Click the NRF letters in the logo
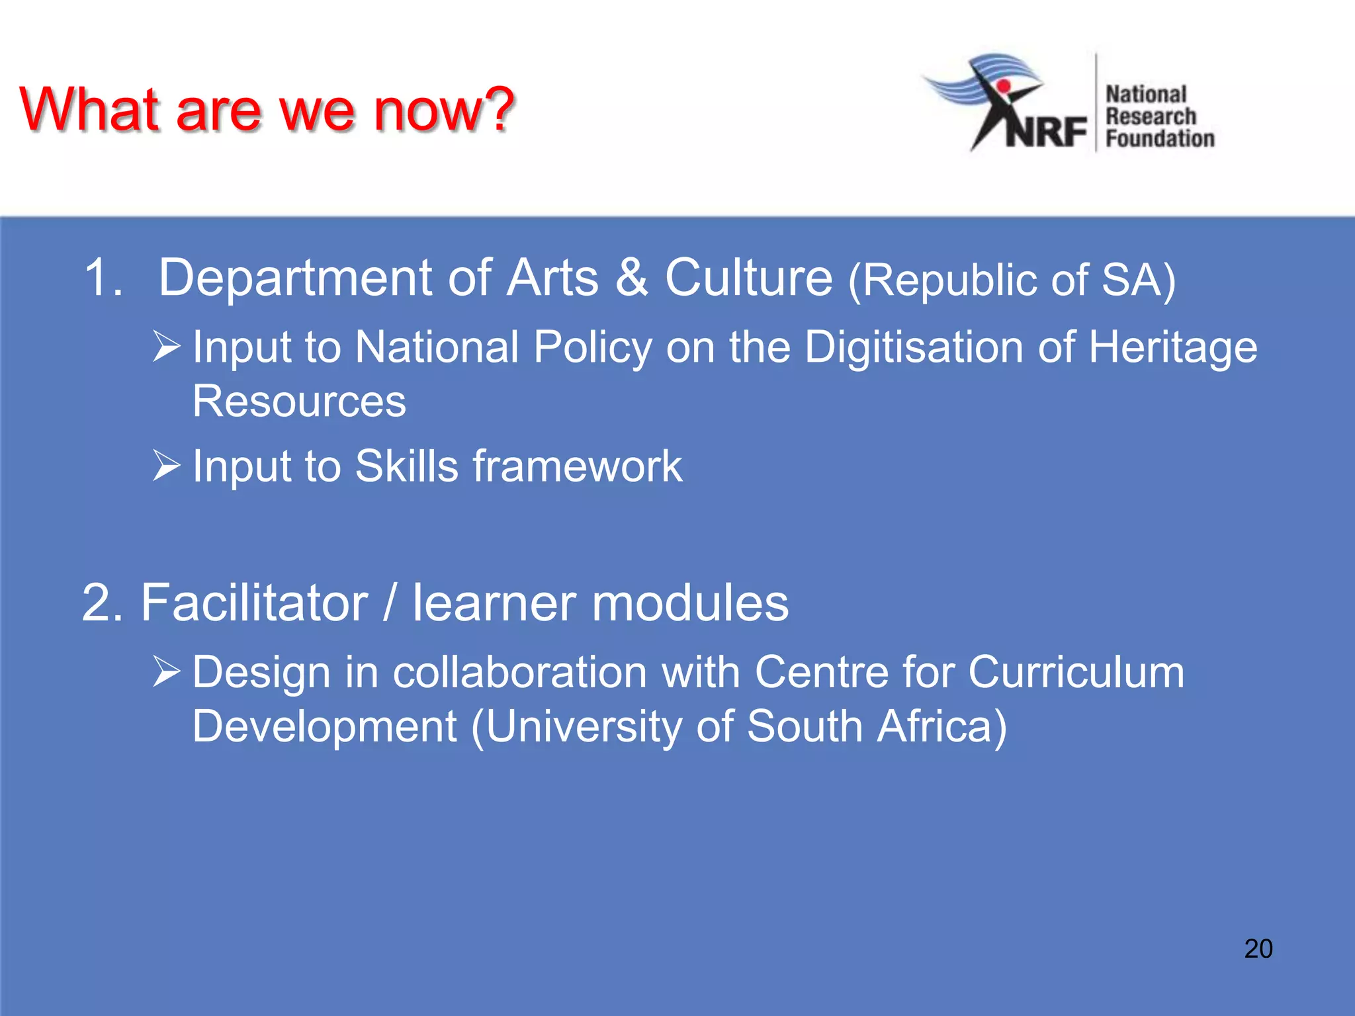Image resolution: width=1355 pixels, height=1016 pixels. click(x=1047, y=131)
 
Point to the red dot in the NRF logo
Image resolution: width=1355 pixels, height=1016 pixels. click(x=1003, y=86)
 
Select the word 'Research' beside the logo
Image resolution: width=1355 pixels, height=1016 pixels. click(x=1151, y=116)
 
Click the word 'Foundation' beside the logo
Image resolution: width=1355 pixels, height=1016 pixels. click(x=1160, y=139)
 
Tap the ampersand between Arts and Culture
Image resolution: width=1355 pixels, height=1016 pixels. click(x=631, y=278)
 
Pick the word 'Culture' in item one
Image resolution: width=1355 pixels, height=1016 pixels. click(x=748, y=278)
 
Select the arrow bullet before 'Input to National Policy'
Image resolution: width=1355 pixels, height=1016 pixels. click(x=166, y=346)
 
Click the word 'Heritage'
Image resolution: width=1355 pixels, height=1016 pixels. click(x=1173, y=348)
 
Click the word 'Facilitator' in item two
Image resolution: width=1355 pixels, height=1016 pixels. click(x=254, y=603)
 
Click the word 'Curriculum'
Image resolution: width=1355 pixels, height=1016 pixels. click(x=1076, y=673)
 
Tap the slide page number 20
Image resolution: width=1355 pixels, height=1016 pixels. click(x=1258, y=949)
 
